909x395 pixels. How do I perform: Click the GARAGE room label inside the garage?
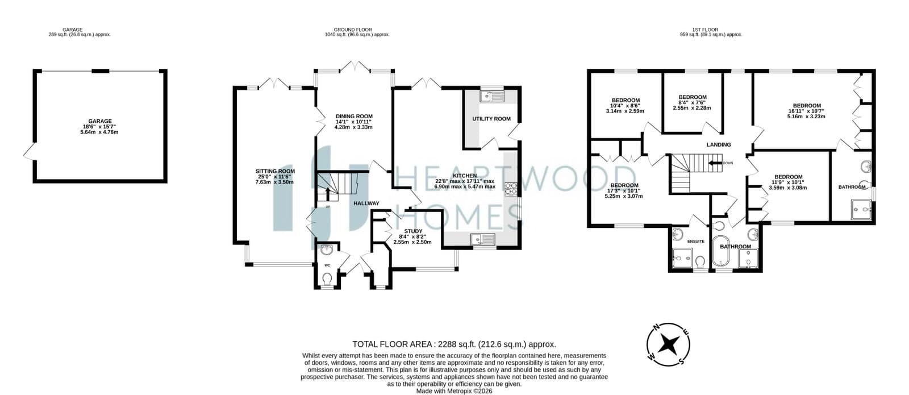coord(100,121)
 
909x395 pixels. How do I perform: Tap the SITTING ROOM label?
coord(275,171)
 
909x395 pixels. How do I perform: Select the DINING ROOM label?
coord(354,116)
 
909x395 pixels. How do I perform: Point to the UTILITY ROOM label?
coord(491,119)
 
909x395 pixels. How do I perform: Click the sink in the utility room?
coord(492,96)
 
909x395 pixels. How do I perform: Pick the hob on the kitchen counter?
coord(511,189)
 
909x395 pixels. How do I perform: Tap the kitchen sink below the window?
coord(483,239)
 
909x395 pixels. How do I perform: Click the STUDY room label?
coord(413,231)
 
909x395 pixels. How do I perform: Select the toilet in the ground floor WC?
coord(327,279)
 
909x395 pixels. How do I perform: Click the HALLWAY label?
coord(366,203)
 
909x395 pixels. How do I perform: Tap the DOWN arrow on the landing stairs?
coord(715,163)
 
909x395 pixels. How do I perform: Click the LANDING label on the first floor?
coord(719,144)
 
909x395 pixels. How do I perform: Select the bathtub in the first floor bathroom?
coord(721,251)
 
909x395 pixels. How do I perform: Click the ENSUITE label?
coord(696,242)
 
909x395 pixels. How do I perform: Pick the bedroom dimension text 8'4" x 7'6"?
coord(693,103)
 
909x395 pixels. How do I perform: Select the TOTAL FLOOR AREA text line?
coord(454,344)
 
